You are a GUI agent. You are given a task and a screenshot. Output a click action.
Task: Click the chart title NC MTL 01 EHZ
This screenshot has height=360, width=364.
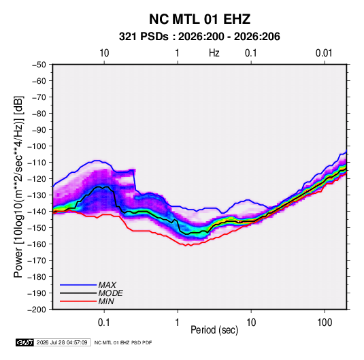click(x=199, y=19)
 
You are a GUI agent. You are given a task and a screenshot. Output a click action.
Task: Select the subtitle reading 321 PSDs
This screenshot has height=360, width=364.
click(x=144, y=37)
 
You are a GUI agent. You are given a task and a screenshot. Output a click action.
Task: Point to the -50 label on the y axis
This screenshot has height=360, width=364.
click(x=39, y=65)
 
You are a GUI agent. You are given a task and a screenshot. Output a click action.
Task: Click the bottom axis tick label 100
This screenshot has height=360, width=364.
click(x=325, y=323)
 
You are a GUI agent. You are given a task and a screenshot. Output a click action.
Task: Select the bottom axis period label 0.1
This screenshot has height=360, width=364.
click(x=104, y=323)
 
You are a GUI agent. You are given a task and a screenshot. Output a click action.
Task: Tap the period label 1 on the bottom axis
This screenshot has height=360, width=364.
click(x=178, y=323)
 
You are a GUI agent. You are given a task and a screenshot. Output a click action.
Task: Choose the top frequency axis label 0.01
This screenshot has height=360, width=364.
click(x=324, y=53)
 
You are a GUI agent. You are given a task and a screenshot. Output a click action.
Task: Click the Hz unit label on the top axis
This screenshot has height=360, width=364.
click(x=214, y=53)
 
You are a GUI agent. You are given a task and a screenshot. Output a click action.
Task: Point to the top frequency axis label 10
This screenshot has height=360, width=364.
click(x=104, y=53)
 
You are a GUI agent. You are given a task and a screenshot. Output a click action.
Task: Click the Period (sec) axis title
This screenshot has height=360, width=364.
click(x=214, y=330)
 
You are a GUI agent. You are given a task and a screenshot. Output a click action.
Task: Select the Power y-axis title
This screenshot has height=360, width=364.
click(x=18, y=186)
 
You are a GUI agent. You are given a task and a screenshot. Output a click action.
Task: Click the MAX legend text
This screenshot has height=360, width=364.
click(x=107, y=285)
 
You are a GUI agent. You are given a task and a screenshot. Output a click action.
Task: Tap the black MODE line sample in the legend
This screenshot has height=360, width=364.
click(x=78, y=293)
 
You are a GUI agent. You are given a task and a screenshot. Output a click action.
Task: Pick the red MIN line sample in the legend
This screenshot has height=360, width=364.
click(x=78, y=301)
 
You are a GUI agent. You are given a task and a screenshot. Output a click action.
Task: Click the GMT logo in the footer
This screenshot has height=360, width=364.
click(x=25, y=342)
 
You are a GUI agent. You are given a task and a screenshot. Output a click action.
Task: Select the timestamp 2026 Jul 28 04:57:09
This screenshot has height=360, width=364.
click(x=62, y=342)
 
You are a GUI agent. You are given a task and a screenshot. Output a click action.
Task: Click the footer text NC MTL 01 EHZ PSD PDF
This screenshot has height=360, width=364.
click(x=123, y=342)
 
